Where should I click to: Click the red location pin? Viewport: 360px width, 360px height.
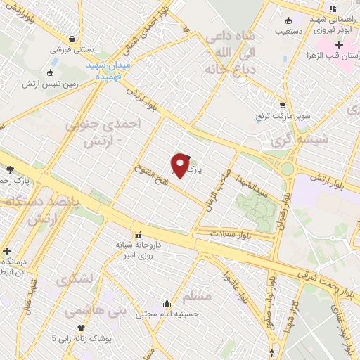[x=181, y=165]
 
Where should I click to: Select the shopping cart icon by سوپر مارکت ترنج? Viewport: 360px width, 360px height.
[x=283, y=105]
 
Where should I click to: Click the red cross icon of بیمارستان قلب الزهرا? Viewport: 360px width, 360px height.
[x=340, y=45]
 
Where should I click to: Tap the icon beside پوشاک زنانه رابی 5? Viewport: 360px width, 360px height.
[x=82, y=327]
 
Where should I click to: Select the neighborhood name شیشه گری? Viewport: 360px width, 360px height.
[x=323, y=139]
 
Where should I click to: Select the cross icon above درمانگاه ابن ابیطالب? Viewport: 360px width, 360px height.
[x=6, y=250]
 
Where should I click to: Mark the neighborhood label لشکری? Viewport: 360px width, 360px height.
[x=74, y=278]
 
